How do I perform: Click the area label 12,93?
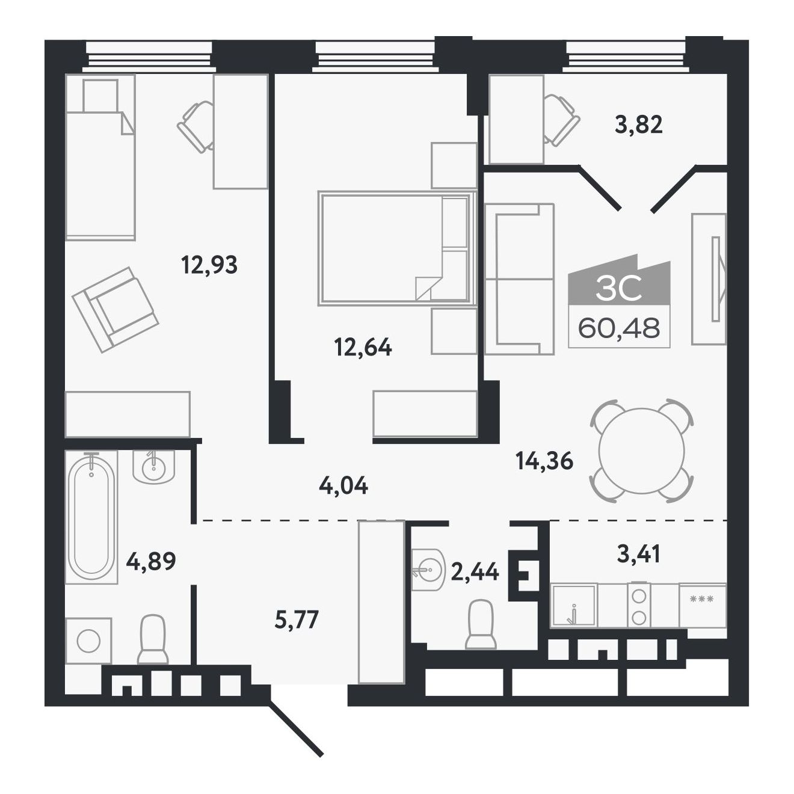coord(209,265)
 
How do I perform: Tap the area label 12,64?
coord(363,347)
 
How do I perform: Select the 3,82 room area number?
coord(639,125)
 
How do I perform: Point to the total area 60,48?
coord(619,328)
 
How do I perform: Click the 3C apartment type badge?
coord(619,289)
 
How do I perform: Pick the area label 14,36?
coord(544,461)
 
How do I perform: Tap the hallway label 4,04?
coord(343,486)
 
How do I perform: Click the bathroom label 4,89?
coord(151,561)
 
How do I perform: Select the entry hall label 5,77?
coord(297,620)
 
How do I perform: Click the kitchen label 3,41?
coord(639,553)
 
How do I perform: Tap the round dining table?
coord(642,451)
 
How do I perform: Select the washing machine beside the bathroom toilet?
coord(88,641)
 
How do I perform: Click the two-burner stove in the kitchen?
coord(639,605)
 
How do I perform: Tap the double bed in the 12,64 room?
coord(397,248)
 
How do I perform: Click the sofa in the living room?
coord(520,279)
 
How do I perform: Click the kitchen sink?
coord(574,605)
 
